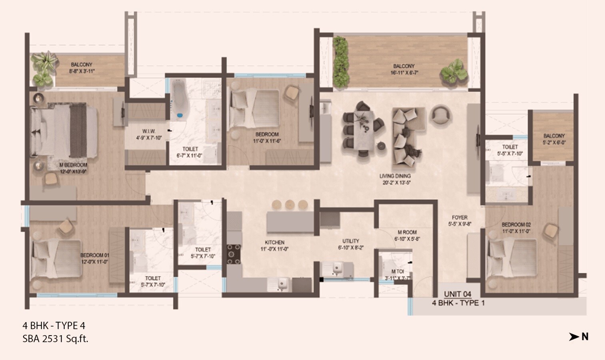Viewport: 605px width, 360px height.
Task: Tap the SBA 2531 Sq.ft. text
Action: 55,339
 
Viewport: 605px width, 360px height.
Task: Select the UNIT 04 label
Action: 457,294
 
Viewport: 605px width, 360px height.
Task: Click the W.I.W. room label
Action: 149,131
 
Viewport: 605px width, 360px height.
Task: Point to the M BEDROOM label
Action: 73,165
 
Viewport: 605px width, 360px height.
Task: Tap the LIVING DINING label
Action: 395,176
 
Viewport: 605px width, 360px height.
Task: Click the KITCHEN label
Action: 275,242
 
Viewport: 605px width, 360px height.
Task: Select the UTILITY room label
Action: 351,241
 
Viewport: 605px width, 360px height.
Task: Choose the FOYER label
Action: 460,218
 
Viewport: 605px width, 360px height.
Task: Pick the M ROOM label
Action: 407,232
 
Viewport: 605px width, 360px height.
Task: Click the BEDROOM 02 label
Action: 516,225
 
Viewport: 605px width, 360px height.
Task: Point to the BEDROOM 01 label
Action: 95,255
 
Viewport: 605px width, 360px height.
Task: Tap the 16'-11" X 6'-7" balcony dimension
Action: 404,73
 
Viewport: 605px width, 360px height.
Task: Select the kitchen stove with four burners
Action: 234,254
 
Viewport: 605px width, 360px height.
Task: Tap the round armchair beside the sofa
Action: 439,114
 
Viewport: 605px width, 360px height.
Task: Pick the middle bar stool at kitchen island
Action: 290,205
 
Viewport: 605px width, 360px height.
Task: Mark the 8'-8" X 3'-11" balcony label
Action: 82,71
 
